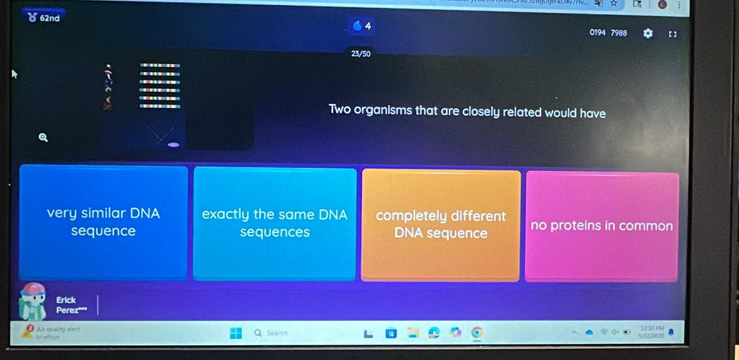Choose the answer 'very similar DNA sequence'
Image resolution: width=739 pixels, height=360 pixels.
[103, 222]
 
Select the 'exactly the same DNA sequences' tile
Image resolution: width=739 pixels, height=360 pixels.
[274, 223]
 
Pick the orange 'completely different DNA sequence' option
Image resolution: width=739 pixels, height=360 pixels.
[440, 224]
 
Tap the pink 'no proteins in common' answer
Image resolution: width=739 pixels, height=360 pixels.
[601, 226]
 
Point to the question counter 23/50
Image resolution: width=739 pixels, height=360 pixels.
[360, 53]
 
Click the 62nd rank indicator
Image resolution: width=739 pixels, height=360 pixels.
[44, 18]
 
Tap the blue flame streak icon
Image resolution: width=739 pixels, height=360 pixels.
[357, 28]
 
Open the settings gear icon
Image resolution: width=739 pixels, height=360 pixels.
[647, 33]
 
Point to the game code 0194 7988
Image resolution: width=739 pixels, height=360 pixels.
[608, 32]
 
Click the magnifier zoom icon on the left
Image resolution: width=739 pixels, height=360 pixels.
[43, 138]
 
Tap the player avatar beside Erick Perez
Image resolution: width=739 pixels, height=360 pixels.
[33, 302]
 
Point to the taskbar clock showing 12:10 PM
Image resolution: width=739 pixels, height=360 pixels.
[649, 330]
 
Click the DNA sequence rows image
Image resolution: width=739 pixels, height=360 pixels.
[160, 85]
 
